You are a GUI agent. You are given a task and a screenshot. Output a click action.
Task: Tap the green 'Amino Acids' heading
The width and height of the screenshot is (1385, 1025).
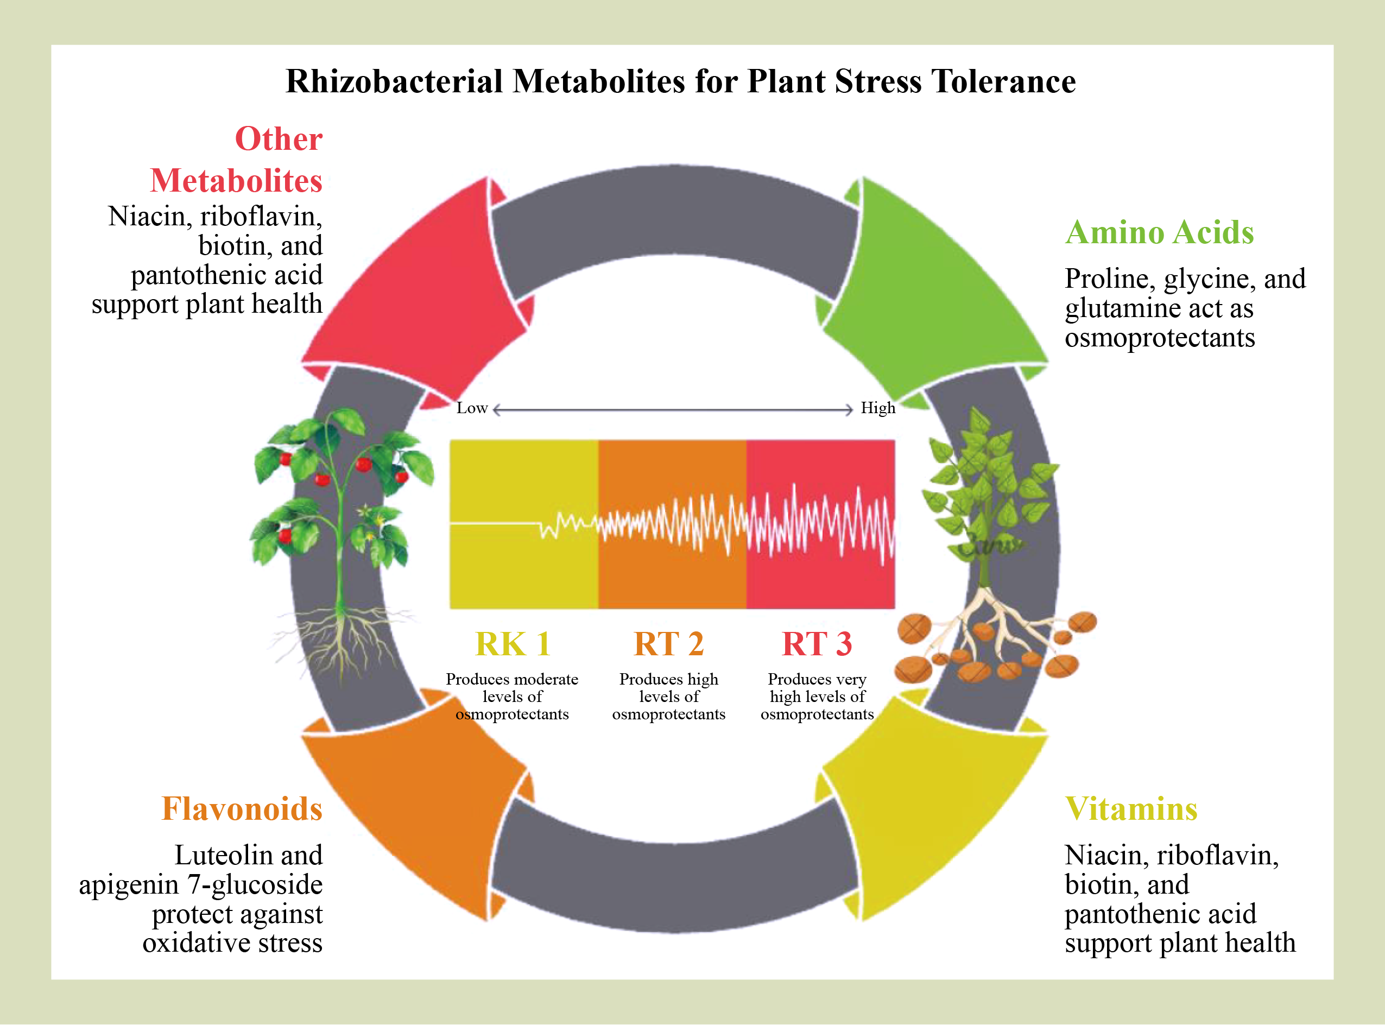[1159, 233]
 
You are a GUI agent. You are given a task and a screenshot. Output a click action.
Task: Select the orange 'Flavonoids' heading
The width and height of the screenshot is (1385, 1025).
[242, 809]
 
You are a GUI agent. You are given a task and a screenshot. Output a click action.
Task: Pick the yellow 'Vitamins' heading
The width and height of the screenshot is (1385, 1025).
[1130, 809]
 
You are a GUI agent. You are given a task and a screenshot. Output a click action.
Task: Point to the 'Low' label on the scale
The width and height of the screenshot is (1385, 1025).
[472, 408]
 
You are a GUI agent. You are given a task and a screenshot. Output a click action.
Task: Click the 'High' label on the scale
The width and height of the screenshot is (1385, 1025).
[877, 408]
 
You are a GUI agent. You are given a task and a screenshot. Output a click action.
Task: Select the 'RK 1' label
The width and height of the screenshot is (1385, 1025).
[513, 644]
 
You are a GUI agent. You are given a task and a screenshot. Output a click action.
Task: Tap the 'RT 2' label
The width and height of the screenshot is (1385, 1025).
[668, 644]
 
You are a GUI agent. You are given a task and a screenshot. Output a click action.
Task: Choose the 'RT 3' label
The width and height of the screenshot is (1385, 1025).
[817, 644]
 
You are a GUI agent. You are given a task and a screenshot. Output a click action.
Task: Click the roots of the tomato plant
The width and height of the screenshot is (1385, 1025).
[338, 639]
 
